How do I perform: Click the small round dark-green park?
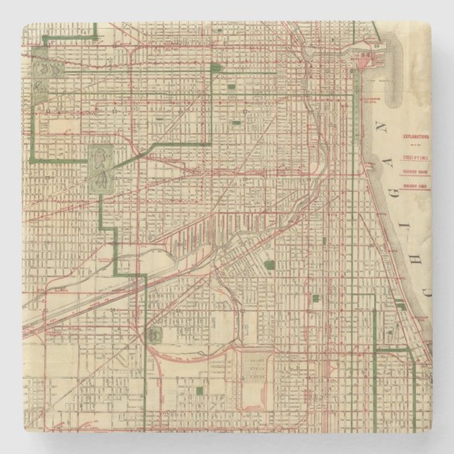[269, 265]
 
